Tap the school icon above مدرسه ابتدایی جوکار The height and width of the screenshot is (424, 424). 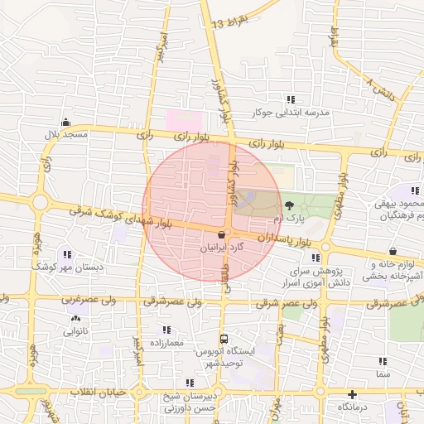pyautogui.click(x=291, y=99)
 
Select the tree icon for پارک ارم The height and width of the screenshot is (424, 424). pyautogui.click(x=289, y=205)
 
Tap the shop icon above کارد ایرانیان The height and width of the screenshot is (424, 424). pyautogui.click(x=221, y=235)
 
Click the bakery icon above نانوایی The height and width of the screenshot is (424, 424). pyautogui.click(x=76, y=318)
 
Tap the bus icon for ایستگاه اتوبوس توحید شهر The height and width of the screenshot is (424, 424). pyautogui.click(x=224, y=339)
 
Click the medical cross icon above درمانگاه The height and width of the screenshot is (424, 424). pyautogui.click(x=353, y=394)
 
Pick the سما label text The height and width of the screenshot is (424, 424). pyautogui.click(x=382, y=374)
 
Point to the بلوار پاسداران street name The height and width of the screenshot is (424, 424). pyautogui.click(x=287, y=237)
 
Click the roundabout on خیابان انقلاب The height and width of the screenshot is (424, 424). pyautogui.click(x=138, y=388)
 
